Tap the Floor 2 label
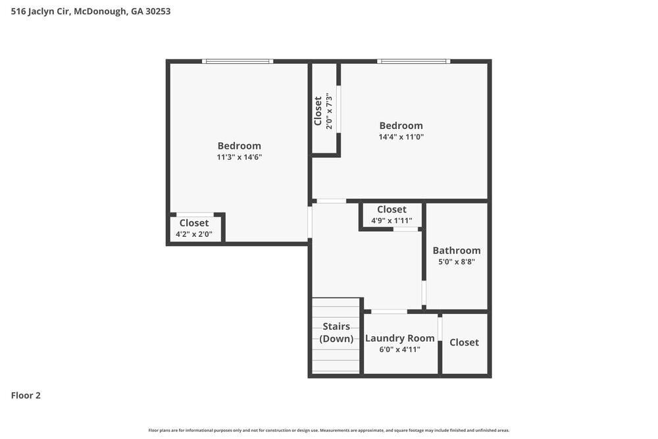pos(26,396)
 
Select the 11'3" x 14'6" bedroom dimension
pos(240,157)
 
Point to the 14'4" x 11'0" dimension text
pos(401,138)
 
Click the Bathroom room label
pos(456,250)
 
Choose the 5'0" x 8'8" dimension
pos(456,261)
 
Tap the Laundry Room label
pos(400,338)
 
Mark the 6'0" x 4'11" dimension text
pos(400,349)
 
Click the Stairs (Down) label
pos(336,332)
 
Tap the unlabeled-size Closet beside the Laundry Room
pos(464,342)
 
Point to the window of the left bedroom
pos(238,61)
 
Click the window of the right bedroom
pos(414,61)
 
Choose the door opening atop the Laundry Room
pos(389,311)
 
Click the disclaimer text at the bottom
pos(329,430)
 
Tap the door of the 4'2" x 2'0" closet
pos(195,215)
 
